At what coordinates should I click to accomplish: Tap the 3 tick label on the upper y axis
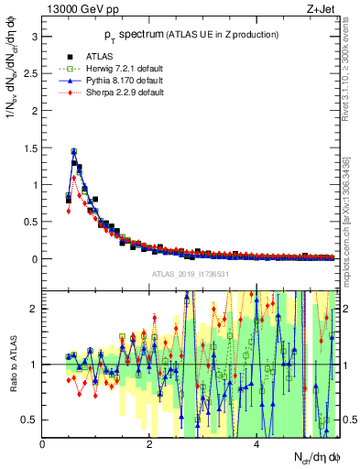pyautogui.click(x=34, y=36)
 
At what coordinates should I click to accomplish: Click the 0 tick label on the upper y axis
pyautogui.click(x=34, y=258)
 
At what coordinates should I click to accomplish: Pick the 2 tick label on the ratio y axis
pyautogui.click(x=34, y=309)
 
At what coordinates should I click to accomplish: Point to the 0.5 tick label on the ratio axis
pyautogui.click(x=30, y=420)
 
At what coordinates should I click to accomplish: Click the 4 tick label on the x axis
pyautogui.click(x=256, y=445)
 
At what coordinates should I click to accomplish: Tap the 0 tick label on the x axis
pyautogui.click(x=43, y=445)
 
